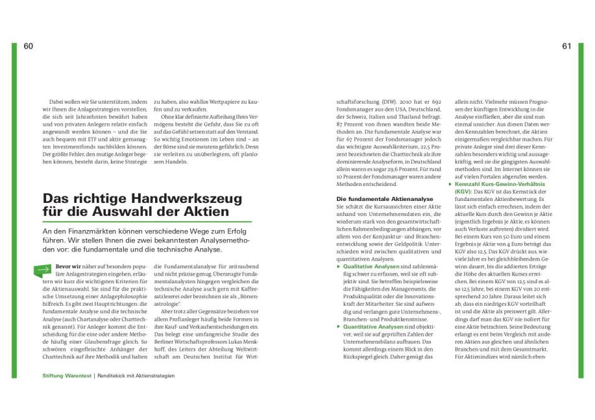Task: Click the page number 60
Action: pos(28,46)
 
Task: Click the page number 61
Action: pos(566,46)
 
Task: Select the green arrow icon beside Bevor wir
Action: pos(43,268)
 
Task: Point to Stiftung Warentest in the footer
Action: pos(67,375)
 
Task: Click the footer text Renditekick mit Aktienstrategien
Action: pos(136,375)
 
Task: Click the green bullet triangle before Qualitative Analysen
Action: pos(338,266)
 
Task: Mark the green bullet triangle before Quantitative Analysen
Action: pos(338,327)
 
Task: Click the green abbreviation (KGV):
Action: pos(464,192)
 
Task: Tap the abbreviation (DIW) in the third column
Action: pos(385,102)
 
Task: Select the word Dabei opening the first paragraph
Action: pos(57,102)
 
